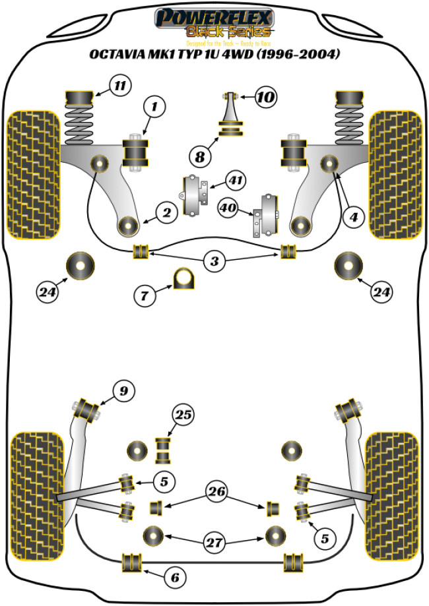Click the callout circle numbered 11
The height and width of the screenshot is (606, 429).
(119, 86)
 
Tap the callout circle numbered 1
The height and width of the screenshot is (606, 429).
(154, 106)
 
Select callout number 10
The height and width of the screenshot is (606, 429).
(265, 98)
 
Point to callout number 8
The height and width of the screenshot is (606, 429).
(200, 156)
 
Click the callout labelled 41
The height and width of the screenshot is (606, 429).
(234, 179)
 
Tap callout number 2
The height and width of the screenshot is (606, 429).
(166, 212)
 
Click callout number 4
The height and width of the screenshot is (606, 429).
(354, 216)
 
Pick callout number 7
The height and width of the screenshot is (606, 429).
(145, 295)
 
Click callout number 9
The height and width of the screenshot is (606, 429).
(123, 392)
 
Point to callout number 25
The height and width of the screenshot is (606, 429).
(183, 415)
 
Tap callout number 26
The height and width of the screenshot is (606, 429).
(215, 491)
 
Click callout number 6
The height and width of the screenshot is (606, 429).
(175, 578)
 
